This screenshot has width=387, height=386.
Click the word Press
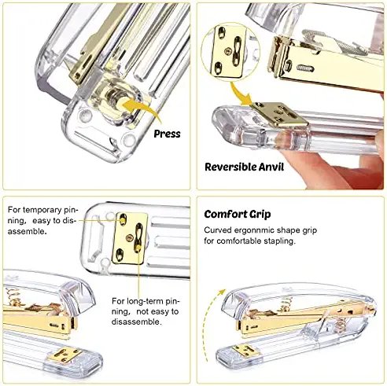pos(166,134)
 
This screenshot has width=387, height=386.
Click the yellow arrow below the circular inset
pos(251,96)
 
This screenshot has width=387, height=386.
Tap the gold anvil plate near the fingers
pos(280,116)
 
